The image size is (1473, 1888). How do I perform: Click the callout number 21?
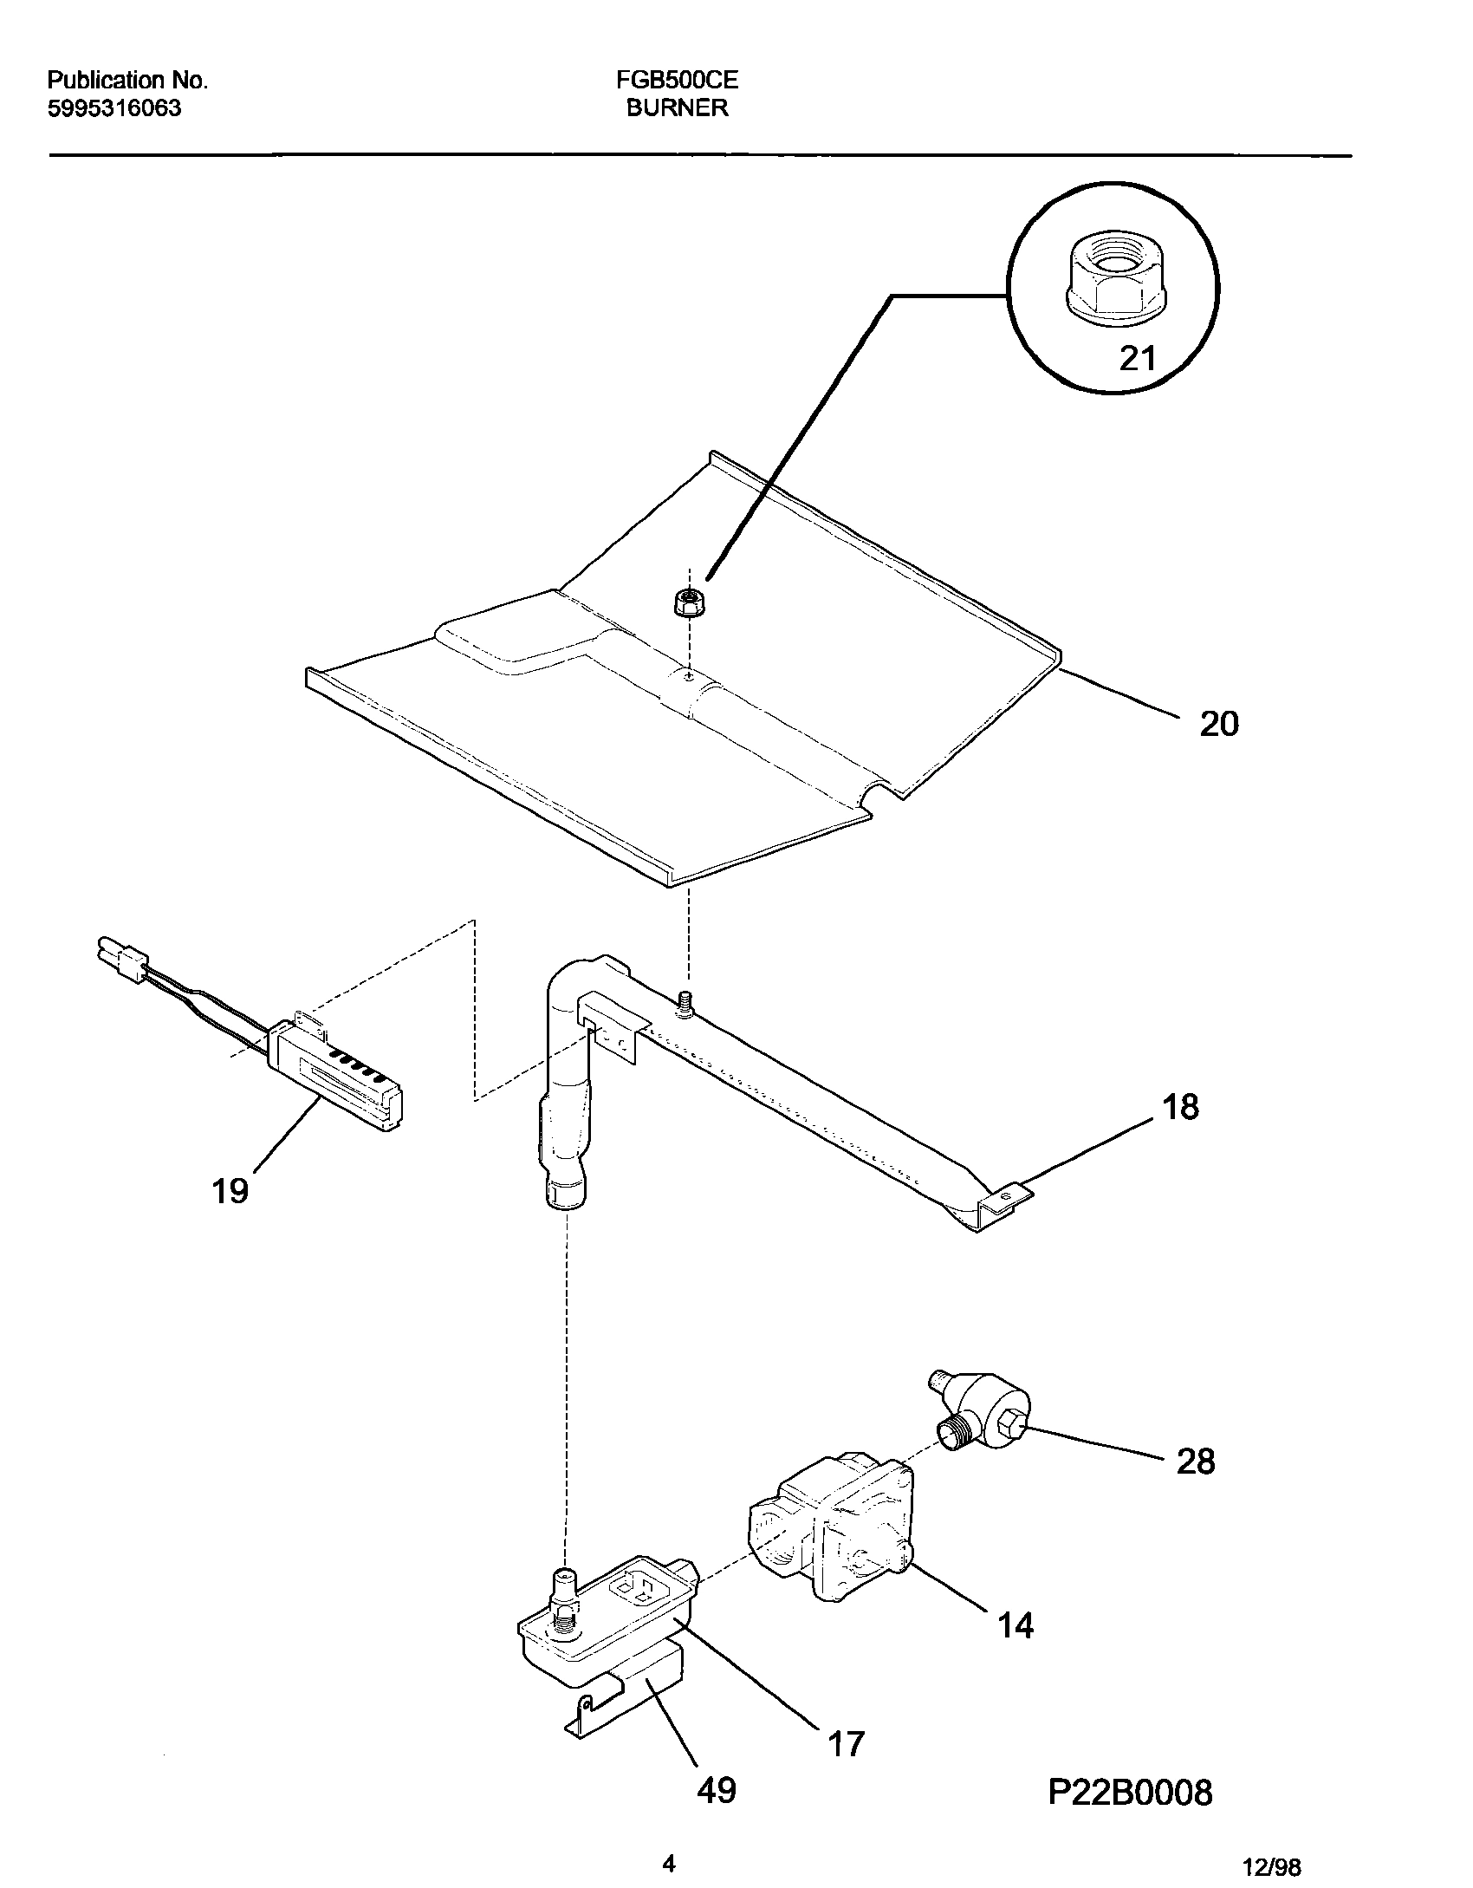pyautogui.click(x=1138, y=357)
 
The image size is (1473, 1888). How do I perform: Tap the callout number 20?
pyautogui.click(x=1219, y=723)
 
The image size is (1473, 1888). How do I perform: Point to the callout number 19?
pyautogui.click(x=230, y=1191)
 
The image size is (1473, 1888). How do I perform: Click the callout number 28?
pyautogui.click(x=1196, y=1462)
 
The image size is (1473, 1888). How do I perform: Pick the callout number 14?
pyautogui.click(x=1016, y=1626)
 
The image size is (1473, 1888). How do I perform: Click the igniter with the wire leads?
pyautogui.click(x=338, y=1075)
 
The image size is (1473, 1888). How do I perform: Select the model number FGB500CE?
pyautogui.click(x=677, y=81)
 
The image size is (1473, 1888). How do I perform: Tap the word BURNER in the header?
pyautogui.click(x=677, y=108)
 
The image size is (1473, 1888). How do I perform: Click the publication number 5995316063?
pyautogui.click(x=114, y=108)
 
